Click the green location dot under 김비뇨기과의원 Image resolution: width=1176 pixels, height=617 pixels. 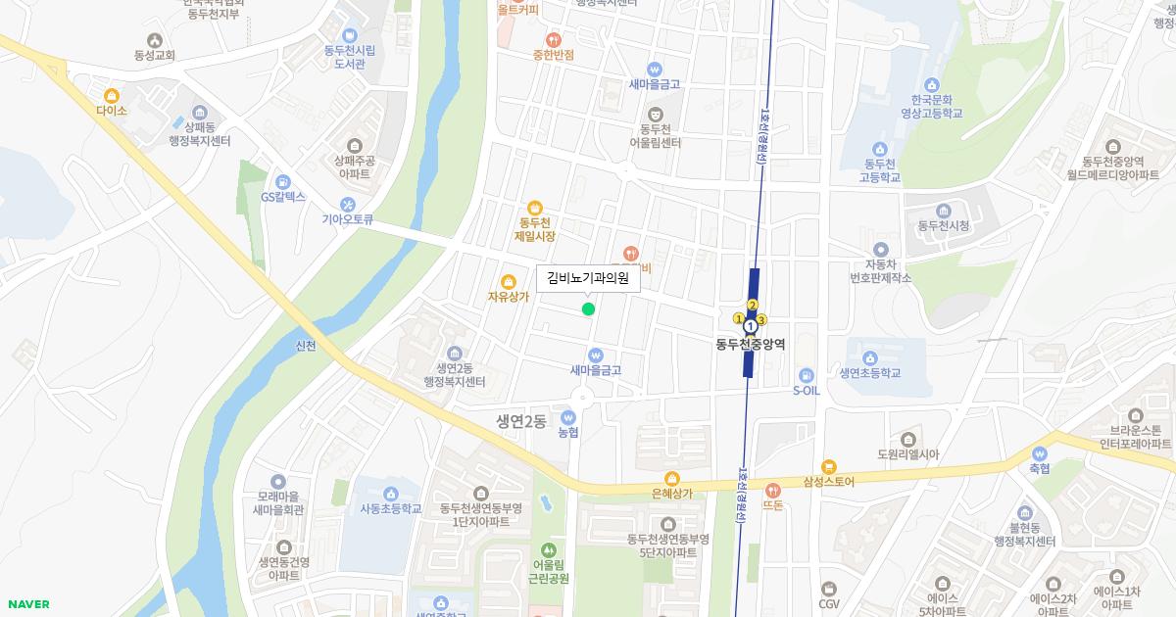588,309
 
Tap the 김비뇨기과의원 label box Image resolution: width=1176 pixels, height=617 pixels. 588,279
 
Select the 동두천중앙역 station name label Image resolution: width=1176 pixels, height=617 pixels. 750,345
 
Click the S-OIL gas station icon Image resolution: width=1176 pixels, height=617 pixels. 806,374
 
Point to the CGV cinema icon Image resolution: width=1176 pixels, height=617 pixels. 830,589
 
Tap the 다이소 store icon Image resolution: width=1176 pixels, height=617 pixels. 112,96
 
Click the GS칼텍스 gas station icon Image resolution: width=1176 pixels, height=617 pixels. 283,181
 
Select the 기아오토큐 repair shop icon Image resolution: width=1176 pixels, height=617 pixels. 348,205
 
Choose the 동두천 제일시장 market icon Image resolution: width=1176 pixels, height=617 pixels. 535,208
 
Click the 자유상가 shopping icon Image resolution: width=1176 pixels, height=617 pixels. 508,282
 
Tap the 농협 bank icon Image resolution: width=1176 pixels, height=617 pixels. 567,417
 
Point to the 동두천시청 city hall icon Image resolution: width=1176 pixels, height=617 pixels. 943,211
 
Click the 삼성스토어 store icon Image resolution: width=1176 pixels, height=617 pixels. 829,467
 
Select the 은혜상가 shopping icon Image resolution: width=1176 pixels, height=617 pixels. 671,478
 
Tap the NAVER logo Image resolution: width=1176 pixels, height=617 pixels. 26,604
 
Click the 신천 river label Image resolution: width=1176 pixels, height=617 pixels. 306,346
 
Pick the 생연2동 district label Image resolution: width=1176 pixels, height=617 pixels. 520,421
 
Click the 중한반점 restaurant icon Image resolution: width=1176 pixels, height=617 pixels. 554,39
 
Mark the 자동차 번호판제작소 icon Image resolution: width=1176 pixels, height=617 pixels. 880,250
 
